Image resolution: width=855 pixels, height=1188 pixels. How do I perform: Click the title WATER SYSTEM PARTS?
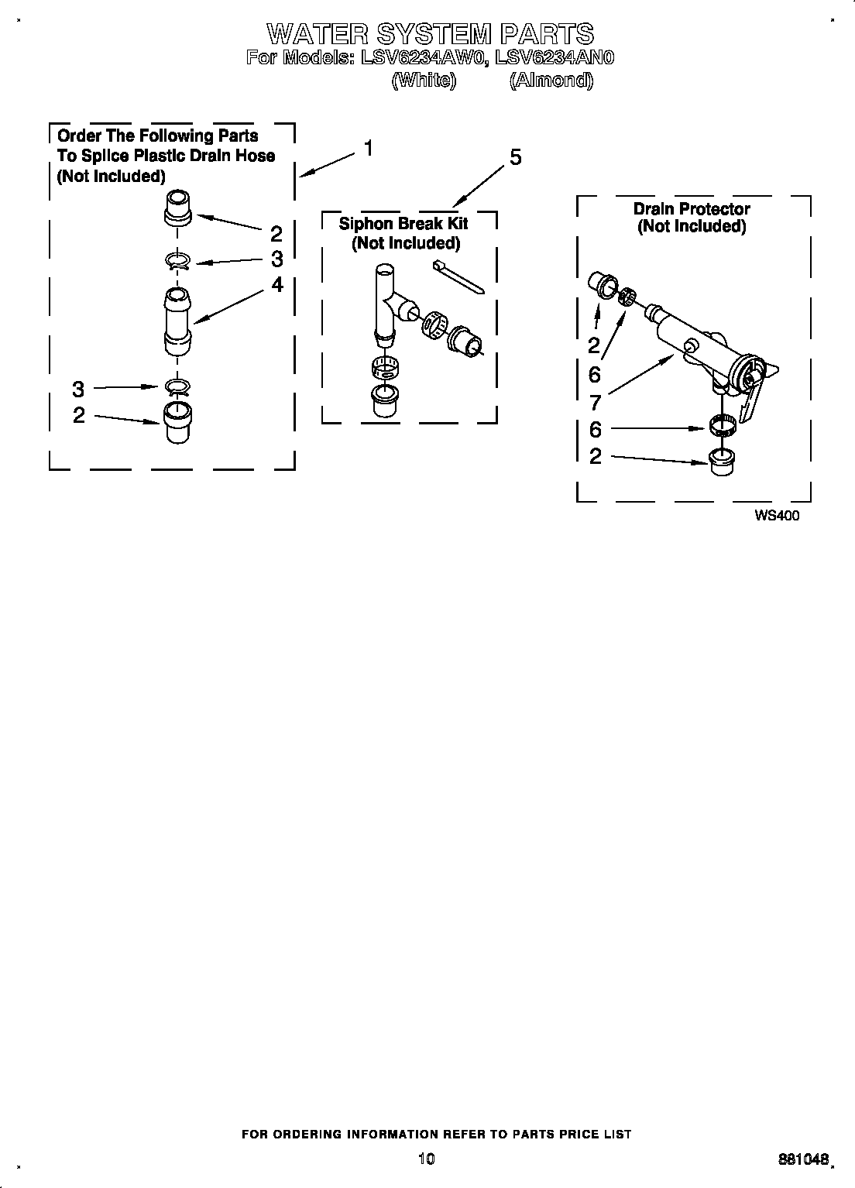430,33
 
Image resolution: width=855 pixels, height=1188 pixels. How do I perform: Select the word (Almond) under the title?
551,80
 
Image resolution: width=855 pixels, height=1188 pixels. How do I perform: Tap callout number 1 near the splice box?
369,147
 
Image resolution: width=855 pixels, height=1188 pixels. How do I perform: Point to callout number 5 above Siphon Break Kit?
514,158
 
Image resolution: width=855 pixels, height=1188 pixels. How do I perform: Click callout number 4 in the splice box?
276,285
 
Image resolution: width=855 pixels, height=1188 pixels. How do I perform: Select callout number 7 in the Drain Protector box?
595,402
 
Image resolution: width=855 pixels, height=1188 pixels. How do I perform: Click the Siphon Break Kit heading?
403,224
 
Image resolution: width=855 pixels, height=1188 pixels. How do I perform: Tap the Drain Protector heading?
691,209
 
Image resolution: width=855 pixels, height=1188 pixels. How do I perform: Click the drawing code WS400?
777,517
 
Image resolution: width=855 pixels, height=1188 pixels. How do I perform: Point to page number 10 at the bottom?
426,1159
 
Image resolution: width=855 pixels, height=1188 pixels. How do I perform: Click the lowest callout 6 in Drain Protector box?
595,429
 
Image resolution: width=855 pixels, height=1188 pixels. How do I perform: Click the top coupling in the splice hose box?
177,207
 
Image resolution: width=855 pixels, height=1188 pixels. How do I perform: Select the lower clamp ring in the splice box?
177,387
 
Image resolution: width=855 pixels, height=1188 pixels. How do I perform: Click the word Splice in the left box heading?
101,156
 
